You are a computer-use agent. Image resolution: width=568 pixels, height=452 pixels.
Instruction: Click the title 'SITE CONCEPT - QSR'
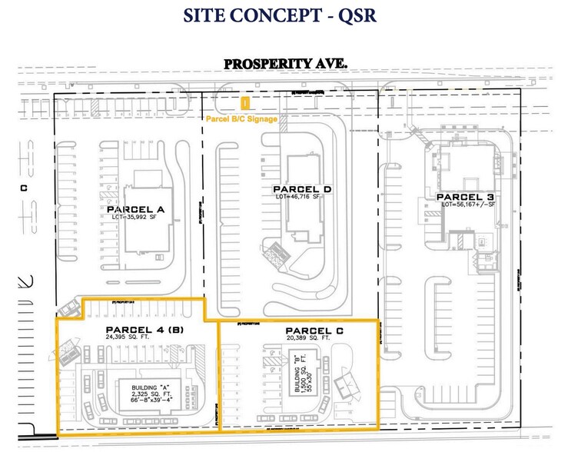tap(283, 15)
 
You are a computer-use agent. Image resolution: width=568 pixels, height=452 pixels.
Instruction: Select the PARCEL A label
tap(138, 208)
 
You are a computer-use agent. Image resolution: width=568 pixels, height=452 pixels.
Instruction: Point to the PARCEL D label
tap(301, 189)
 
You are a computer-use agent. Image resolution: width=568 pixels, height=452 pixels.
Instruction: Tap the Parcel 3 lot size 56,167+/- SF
tap(470, 204)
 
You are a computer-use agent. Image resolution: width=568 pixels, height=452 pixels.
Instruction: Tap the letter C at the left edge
tap(24, 186)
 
